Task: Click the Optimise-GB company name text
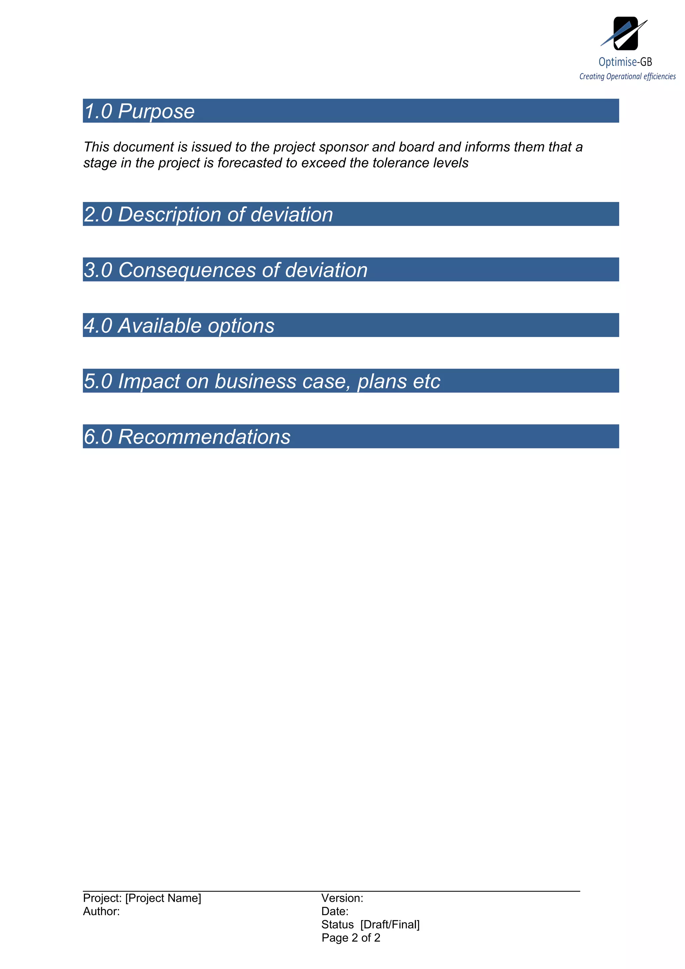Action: click(625, 62)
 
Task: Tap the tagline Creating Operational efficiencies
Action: click(627, 76)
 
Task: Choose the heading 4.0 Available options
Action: click(179, 326)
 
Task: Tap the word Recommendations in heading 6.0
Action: click(204, 437)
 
